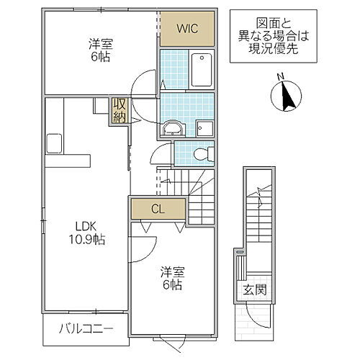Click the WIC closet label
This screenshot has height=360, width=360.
point(187,30)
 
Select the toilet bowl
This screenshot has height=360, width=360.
point(204,153)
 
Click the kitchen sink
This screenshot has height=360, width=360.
point(54,142)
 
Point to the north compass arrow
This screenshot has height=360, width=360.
point(287,96)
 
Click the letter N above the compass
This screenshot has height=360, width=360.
point(282,78)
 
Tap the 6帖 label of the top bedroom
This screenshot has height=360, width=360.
point(101,58)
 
